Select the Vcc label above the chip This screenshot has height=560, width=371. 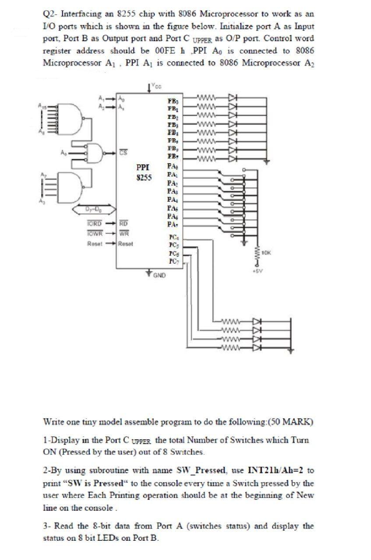coord(156,86)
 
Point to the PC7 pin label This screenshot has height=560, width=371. coord(173,262)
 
